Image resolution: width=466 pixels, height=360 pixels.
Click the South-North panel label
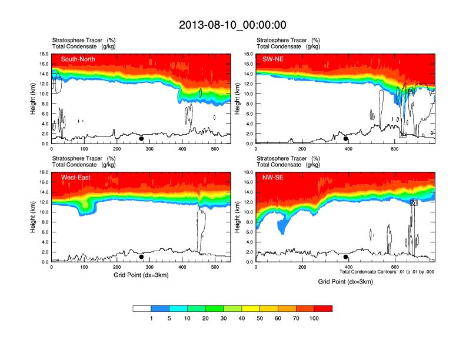78,59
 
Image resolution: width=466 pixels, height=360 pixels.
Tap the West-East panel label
75,177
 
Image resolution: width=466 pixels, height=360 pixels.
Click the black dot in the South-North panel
141,139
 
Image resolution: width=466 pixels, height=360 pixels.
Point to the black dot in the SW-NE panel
346,139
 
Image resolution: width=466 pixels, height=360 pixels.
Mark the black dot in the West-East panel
141,257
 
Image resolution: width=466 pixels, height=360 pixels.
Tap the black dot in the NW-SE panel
346,257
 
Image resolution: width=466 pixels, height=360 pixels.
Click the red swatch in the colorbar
323,308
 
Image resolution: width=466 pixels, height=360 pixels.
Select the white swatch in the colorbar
142,308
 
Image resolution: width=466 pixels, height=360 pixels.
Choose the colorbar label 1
151,318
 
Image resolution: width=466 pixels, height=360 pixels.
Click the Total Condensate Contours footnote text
387,272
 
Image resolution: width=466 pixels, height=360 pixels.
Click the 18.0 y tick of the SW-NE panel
249,54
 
